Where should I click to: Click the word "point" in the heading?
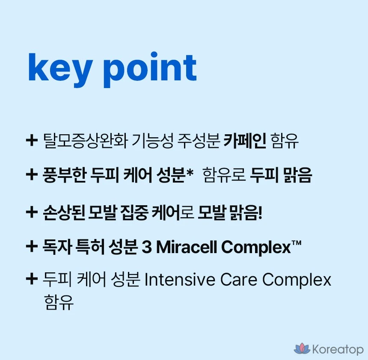[150, 70]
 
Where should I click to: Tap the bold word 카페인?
[245, 141]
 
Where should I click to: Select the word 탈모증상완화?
[86, 141]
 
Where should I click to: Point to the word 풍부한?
[64, 175]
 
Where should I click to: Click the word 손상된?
[64, 212]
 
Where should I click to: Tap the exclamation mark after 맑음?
[260, 212]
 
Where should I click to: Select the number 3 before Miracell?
[147, 247]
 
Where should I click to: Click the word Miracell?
[187, 247]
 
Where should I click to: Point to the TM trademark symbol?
[297, 243]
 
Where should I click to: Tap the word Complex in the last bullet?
[297, 280]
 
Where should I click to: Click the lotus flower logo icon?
[302, 348]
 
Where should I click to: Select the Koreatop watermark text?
[338, 349]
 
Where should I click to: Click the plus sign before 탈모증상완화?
[32, 141]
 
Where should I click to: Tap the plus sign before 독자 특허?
[32, 247]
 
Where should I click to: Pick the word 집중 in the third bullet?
[134, 212]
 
